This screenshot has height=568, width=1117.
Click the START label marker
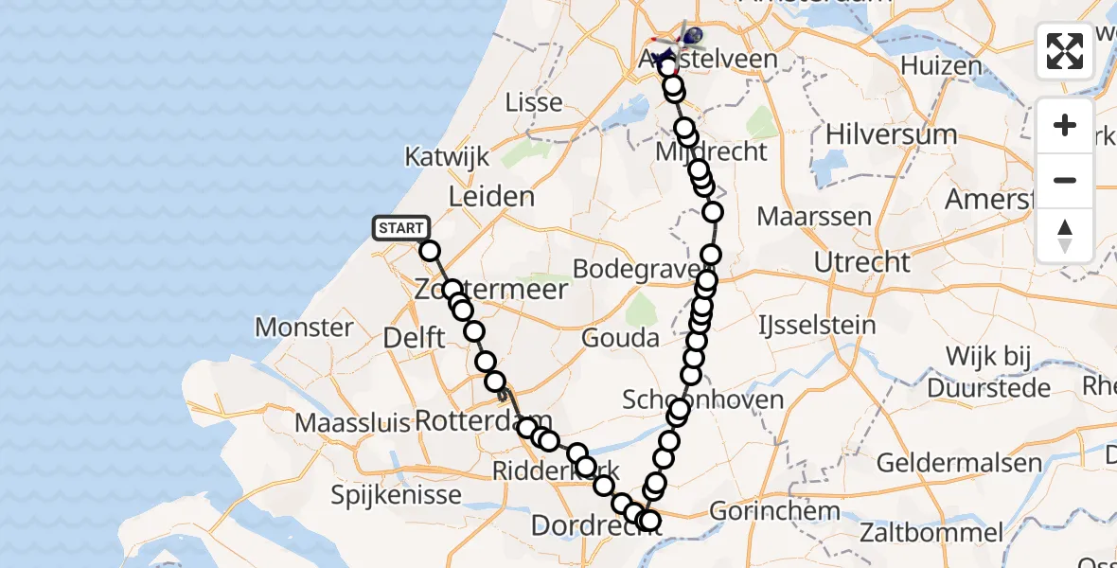(401, 228)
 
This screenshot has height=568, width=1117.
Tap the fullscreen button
(1065, 51)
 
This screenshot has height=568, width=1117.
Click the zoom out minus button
(1065, 180)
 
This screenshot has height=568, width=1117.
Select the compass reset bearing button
(1065, 235)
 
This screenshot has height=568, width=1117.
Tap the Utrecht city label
(862, 262)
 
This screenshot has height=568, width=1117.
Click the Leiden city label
(491, 197)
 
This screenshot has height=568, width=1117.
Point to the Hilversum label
(891, 134)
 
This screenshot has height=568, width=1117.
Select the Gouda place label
(620, 338)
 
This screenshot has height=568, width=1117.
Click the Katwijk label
(448, 156)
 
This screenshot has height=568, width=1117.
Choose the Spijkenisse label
(396, 494)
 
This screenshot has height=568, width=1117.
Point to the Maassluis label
(349, 422)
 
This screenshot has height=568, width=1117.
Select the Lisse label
(534, 102)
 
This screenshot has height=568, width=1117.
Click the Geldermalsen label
(959, 464)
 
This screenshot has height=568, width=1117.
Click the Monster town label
(304, 328)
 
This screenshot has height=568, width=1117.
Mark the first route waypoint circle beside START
(430, 251)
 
